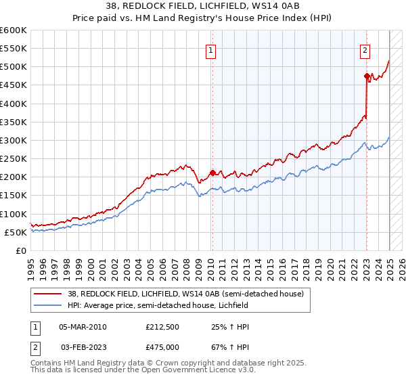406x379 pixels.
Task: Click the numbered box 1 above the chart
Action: coord(211,50)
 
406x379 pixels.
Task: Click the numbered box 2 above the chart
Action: coord(365,50)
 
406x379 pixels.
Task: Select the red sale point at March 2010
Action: coord(212,173)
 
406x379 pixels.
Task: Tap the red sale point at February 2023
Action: coord(367,76)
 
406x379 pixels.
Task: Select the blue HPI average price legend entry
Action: coord(158,305)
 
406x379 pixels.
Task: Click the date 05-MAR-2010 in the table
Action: coord(83,327)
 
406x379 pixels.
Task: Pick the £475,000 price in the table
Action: coord(162,347)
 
